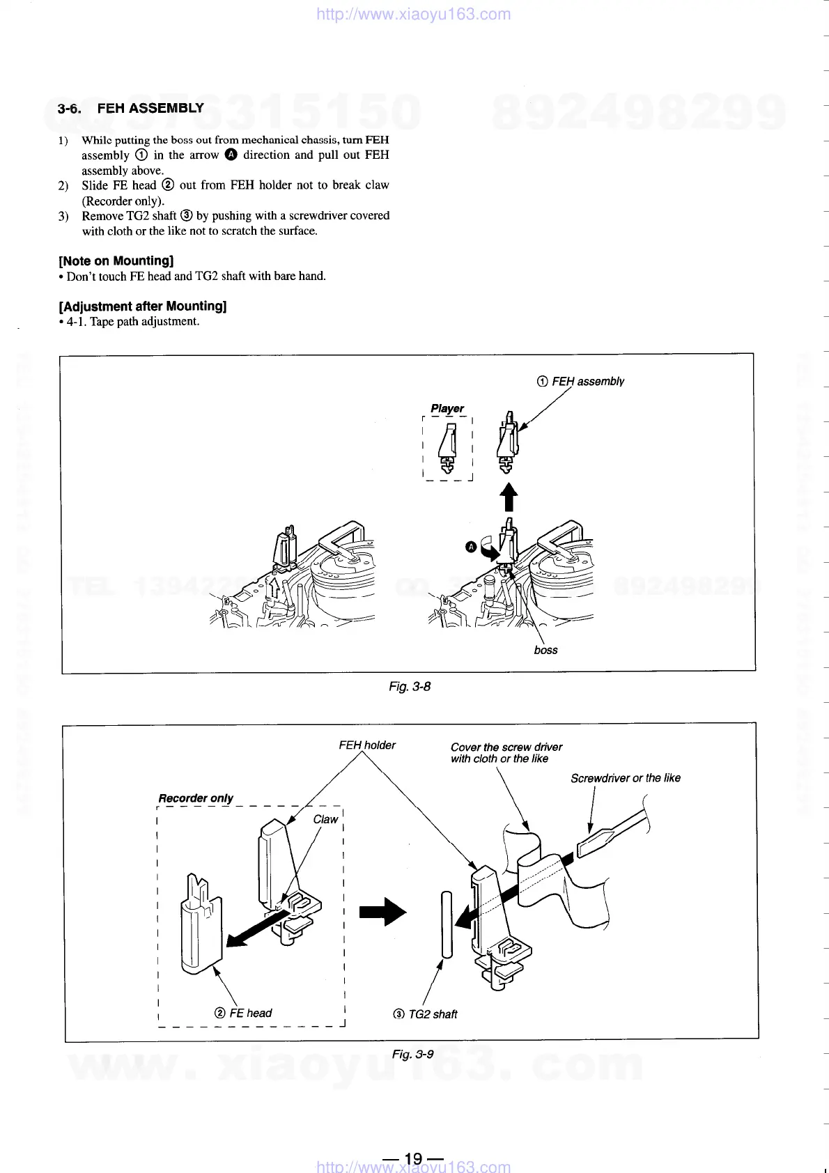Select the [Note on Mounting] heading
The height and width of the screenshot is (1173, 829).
coord(116,261)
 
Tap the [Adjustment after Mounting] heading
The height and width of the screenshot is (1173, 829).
coord(143,306)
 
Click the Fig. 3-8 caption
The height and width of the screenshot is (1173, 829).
coord(410,686)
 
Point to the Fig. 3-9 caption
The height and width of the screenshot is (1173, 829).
coord(412,1054)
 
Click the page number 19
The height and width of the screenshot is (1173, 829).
coord(413,1158)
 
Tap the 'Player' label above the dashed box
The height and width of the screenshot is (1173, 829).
coord(447,408)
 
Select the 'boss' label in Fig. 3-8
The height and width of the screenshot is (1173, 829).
coord(545,650)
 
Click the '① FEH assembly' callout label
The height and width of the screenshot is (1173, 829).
coord(580,381)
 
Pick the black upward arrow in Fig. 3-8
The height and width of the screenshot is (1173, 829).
coord(509,497)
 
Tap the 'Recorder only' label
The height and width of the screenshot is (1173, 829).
coord(196,798)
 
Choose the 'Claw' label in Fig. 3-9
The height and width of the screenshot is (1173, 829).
coord(325,819)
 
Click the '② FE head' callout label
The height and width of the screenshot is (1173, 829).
coord(243,1013)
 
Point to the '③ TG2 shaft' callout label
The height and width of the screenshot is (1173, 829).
coord(425,1014)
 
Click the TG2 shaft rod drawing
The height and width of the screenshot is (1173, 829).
coord(447,924)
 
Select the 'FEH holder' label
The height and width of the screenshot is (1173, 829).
coord(367,745)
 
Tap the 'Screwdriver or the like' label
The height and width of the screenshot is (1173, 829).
coord(625,778)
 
